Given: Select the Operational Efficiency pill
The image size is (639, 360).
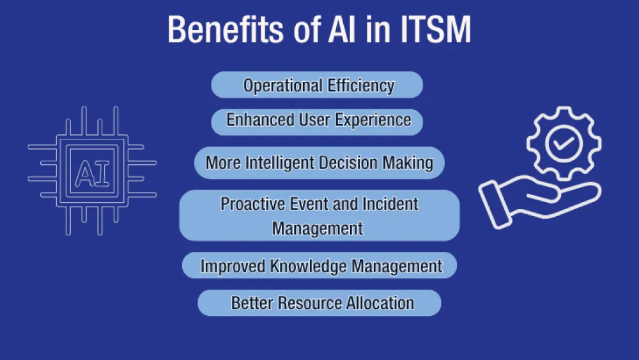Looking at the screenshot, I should click(317, 85).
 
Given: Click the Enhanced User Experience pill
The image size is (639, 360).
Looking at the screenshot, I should click(317, 120).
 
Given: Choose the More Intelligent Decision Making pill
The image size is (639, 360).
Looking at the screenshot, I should click(319, 162).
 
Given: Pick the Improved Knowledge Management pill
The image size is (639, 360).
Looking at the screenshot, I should click(319, 265).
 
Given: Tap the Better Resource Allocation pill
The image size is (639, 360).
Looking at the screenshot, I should click(319, 302).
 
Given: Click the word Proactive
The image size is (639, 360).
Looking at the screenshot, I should click(250, 204).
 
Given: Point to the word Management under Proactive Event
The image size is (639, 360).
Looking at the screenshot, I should click(318, 228).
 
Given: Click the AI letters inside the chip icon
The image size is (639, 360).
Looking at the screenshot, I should click(92, 173).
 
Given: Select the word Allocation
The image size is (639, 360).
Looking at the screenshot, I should click(380, 302).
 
